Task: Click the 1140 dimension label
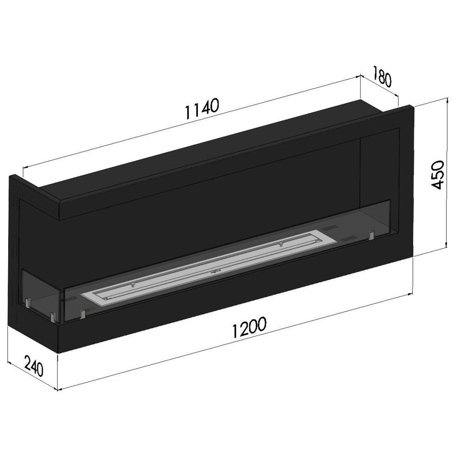[202, 108]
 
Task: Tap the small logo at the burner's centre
[213, 270]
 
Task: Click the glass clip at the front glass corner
[53, 316]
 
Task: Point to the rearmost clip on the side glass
[28, 302]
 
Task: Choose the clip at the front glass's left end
[83, 314]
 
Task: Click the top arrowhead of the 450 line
[445, 99]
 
